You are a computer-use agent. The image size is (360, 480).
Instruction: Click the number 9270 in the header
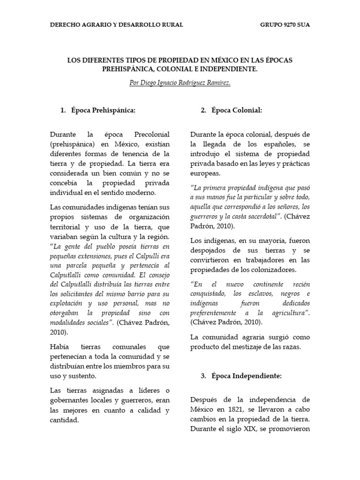pos(285,24)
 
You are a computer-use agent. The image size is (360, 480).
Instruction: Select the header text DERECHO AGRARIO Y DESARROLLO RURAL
pos(117,24)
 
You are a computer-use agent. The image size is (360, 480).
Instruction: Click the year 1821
pos(225,409)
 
